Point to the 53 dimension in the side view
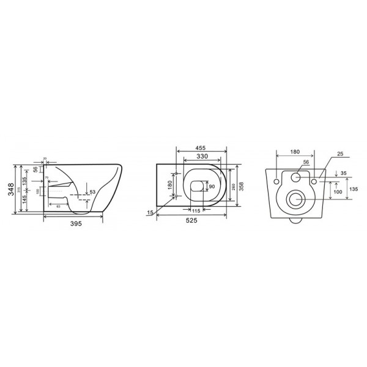tap(92, 193)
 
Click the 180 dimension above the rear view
tap(296, 152)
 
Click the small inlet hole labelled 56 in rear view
tap(296, 177)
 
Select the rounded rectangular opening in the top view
tap(198, 187)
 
